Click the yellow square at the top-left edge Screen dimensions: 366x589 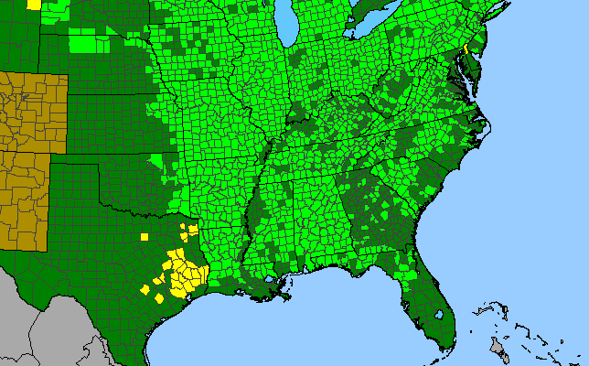point(34,4)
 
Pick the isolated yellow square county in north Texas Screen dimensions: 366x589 point(145,237)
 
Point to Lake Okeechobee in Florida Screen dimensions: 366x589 point(440,316)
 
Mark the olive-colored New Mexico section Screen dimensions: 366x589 point(23,201)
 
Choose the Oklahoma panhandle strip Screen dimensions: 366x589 point(78,168)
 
